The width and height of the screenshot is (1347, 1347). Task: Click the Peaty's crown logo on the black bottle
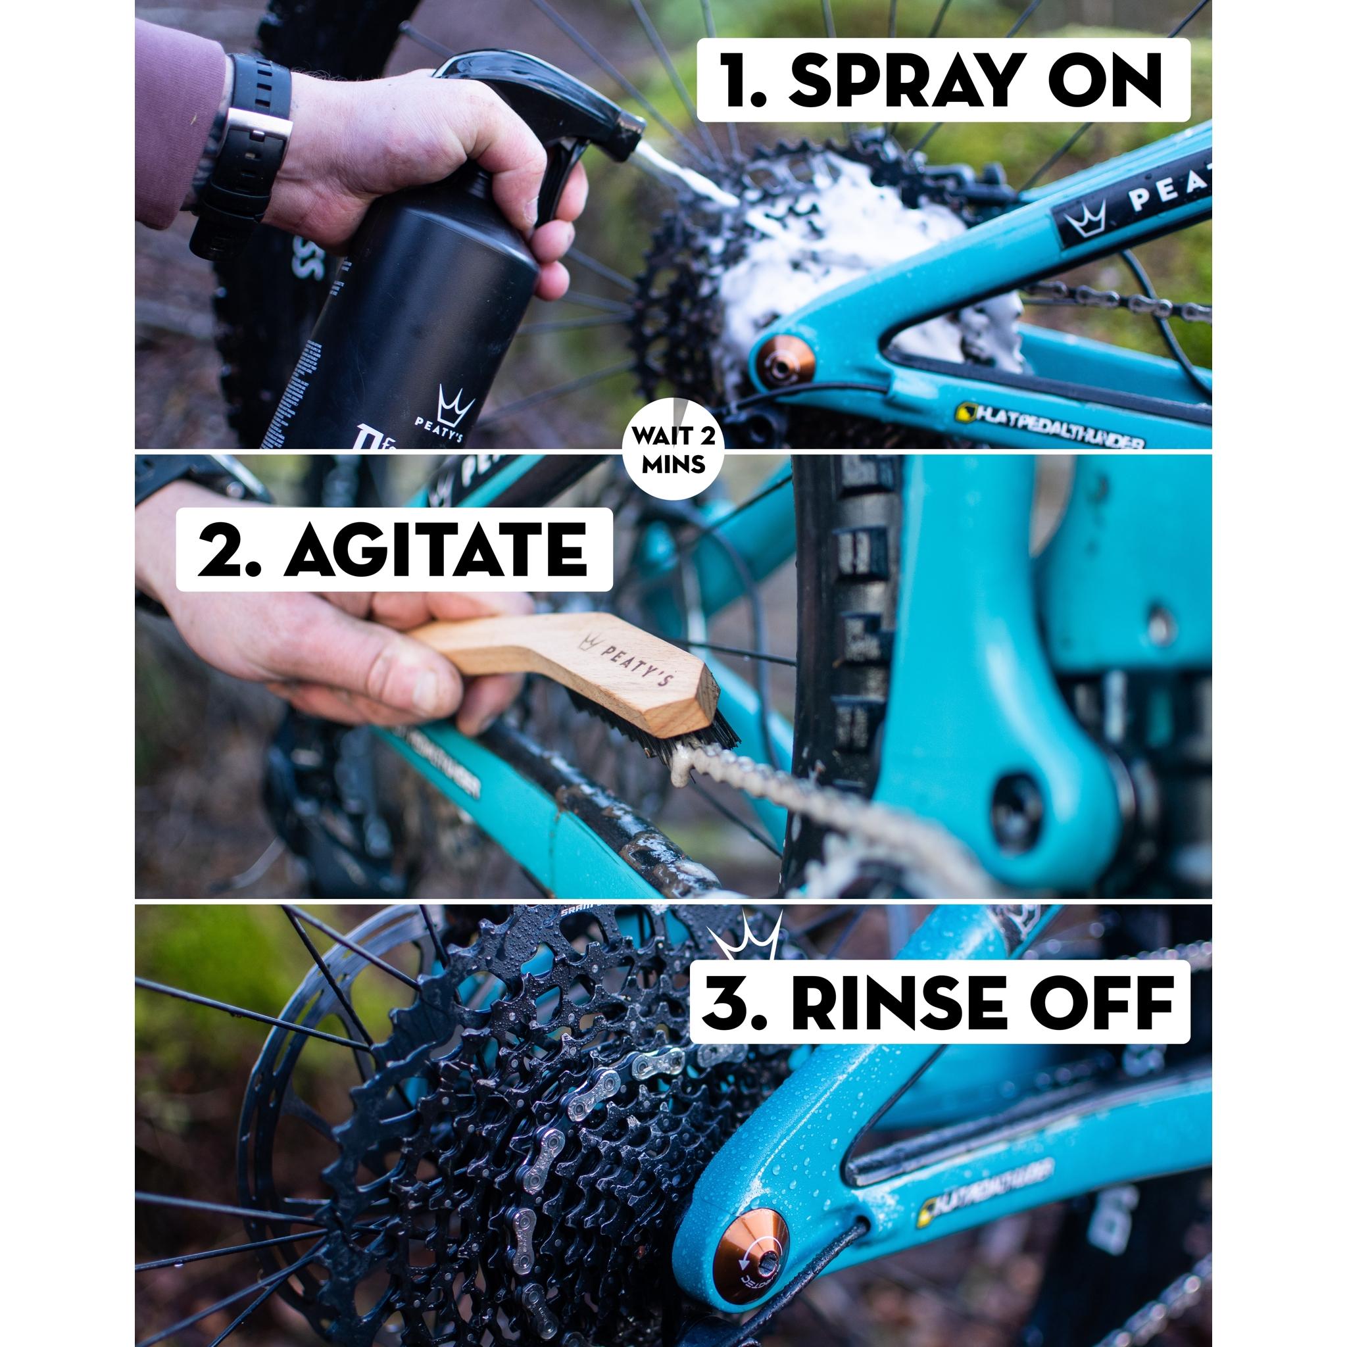coord(454,403)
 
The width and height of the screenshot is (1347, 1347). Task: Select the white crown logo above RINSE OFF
coord(746,938)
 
